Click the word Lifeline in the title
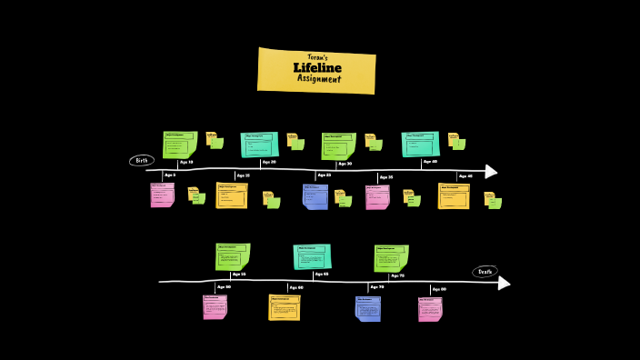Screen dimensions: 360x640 (317, 67)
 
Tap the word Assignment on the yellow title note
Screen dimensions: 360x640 (319, 78)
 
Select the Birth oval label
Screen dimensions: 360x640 (141, 161)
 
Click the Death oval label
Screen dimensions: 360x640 (485, 271)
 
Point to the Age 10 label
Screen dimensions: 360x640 (186, 162)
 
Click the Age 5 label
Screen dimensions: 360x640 (170, 175)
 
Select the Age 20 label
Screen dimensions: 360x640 (268, 163)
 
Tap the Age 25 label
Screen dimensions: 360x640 (324, 175)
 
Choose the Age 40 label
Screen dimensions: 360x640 (430, 162)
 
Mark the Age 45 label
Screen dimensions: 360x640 (465, 175)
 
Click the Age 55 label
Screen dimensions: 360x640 (239, 274)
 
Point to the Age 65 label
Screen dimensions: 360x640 (321, 274)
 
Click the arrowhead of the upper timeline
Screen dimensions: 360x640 (491, 172)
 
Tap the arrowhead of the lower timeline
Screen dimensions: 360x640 (504, 283)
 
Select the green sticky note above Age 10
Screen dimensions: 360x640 (180, 144)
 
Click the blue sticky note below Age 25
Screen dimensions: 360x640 (315, 196)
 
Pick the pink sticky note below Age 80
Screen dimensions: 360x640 (430, 309)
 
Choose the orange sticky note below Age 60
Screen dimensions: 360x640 (284, 307)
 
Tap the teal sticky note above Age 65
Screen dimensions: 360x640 (312, 256)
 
